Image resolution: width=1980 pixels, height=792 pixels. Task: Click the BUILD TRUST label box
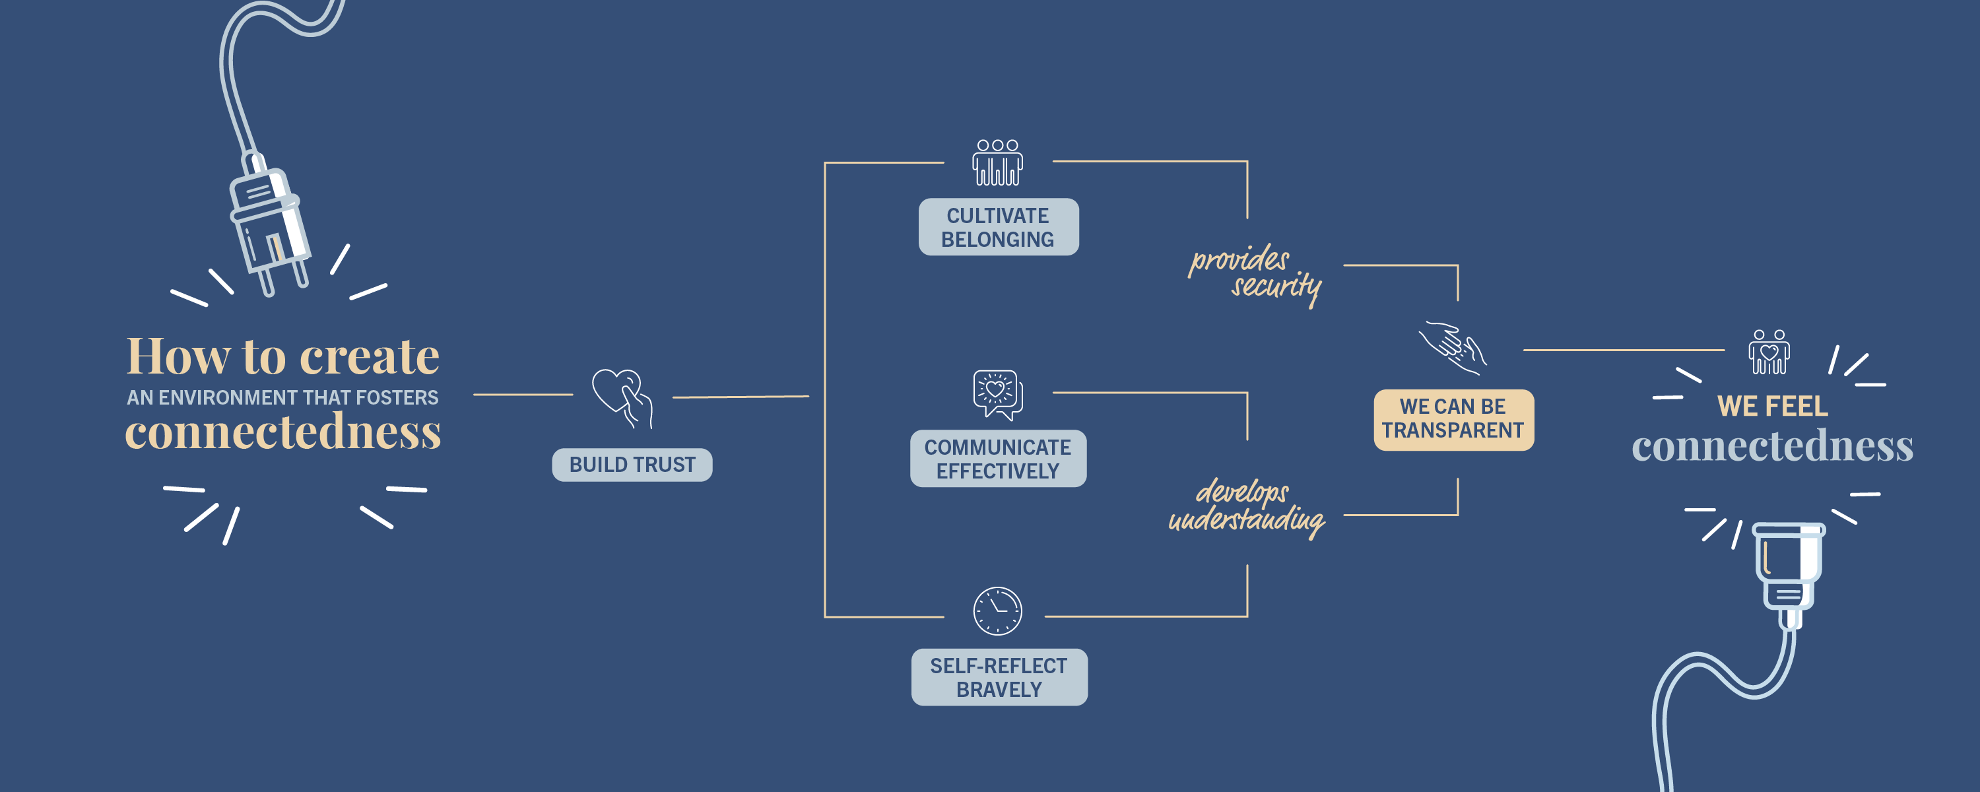632,465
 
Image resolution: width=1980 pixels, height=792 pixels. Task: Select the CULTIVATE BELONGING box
999,227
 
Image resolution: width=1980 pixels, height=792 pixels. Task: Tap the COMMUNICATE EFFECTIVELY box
998,458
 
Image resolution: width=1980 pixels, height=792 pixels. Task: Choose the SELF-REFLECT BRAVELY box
999,677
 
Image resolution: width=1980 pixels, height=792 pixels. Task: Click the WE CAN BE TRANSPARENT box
1453,420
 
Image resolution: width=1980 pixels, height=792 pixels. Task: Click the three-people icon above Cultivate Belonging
998,162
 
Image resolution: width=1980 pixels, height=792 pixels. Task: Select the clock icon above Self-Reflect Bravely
998,611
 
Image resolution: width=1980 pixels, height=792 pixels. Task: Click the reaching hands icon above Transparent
1452,348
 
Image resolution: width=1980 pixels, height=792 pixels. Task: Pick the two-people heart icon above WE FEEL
1769,352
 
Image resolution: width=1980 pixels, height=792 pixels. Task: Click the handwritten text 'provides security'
1255,275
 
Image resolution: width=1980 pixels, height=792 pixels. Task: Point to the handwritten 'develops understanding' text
1247,508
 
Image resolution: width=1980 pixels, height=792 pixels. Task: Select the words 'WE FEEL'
1773,406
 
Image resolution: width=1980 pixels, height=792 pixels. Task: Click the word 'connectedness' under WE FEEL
1773,446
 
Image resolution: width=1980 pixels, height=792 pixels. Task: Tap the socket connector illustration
1788,573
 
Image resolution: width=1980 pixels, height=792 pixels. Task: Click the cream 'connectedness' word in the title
283,432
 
